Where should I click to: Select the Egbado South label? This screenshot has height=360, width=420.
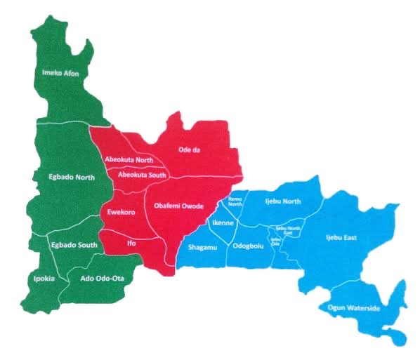[x=72, y=245]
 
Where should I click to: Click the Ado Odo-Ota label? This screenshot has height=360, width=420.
[x=98, y=278]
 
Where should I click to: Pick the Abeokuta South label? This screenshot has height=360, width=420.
[x=142, y=174]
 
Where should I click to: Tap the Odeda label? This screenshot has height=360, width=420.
[x=190, y=149]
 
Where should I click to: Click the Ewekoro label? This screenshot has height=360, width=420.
[x=121, y=211]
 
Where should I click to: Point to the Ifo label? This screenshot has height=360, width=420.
[x=131, y=243]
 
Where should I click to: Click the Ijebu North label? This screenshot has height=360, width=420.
[x=282, y=201]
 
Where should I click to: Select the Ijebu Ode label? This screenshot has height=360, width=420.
[x=275, y=241]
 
